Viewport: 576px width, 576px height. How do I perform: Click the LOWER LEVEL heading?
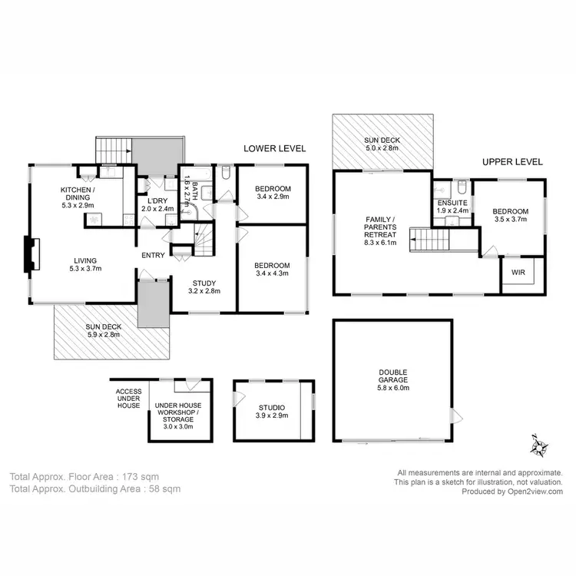(275, 148)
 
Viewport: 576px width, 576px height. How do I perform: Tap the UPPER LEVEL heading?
(512, 162)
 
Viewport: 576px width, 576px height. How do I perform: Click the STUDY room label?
(204, 287)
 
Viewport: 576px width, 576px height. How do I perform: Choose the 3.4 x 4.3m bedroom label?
(273, 270)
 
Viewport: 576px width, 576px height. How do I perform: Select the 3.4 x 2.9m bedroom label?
(273, 194)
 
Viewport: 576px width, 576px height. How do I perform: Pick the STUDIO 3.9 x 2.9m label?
(271, 412)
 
